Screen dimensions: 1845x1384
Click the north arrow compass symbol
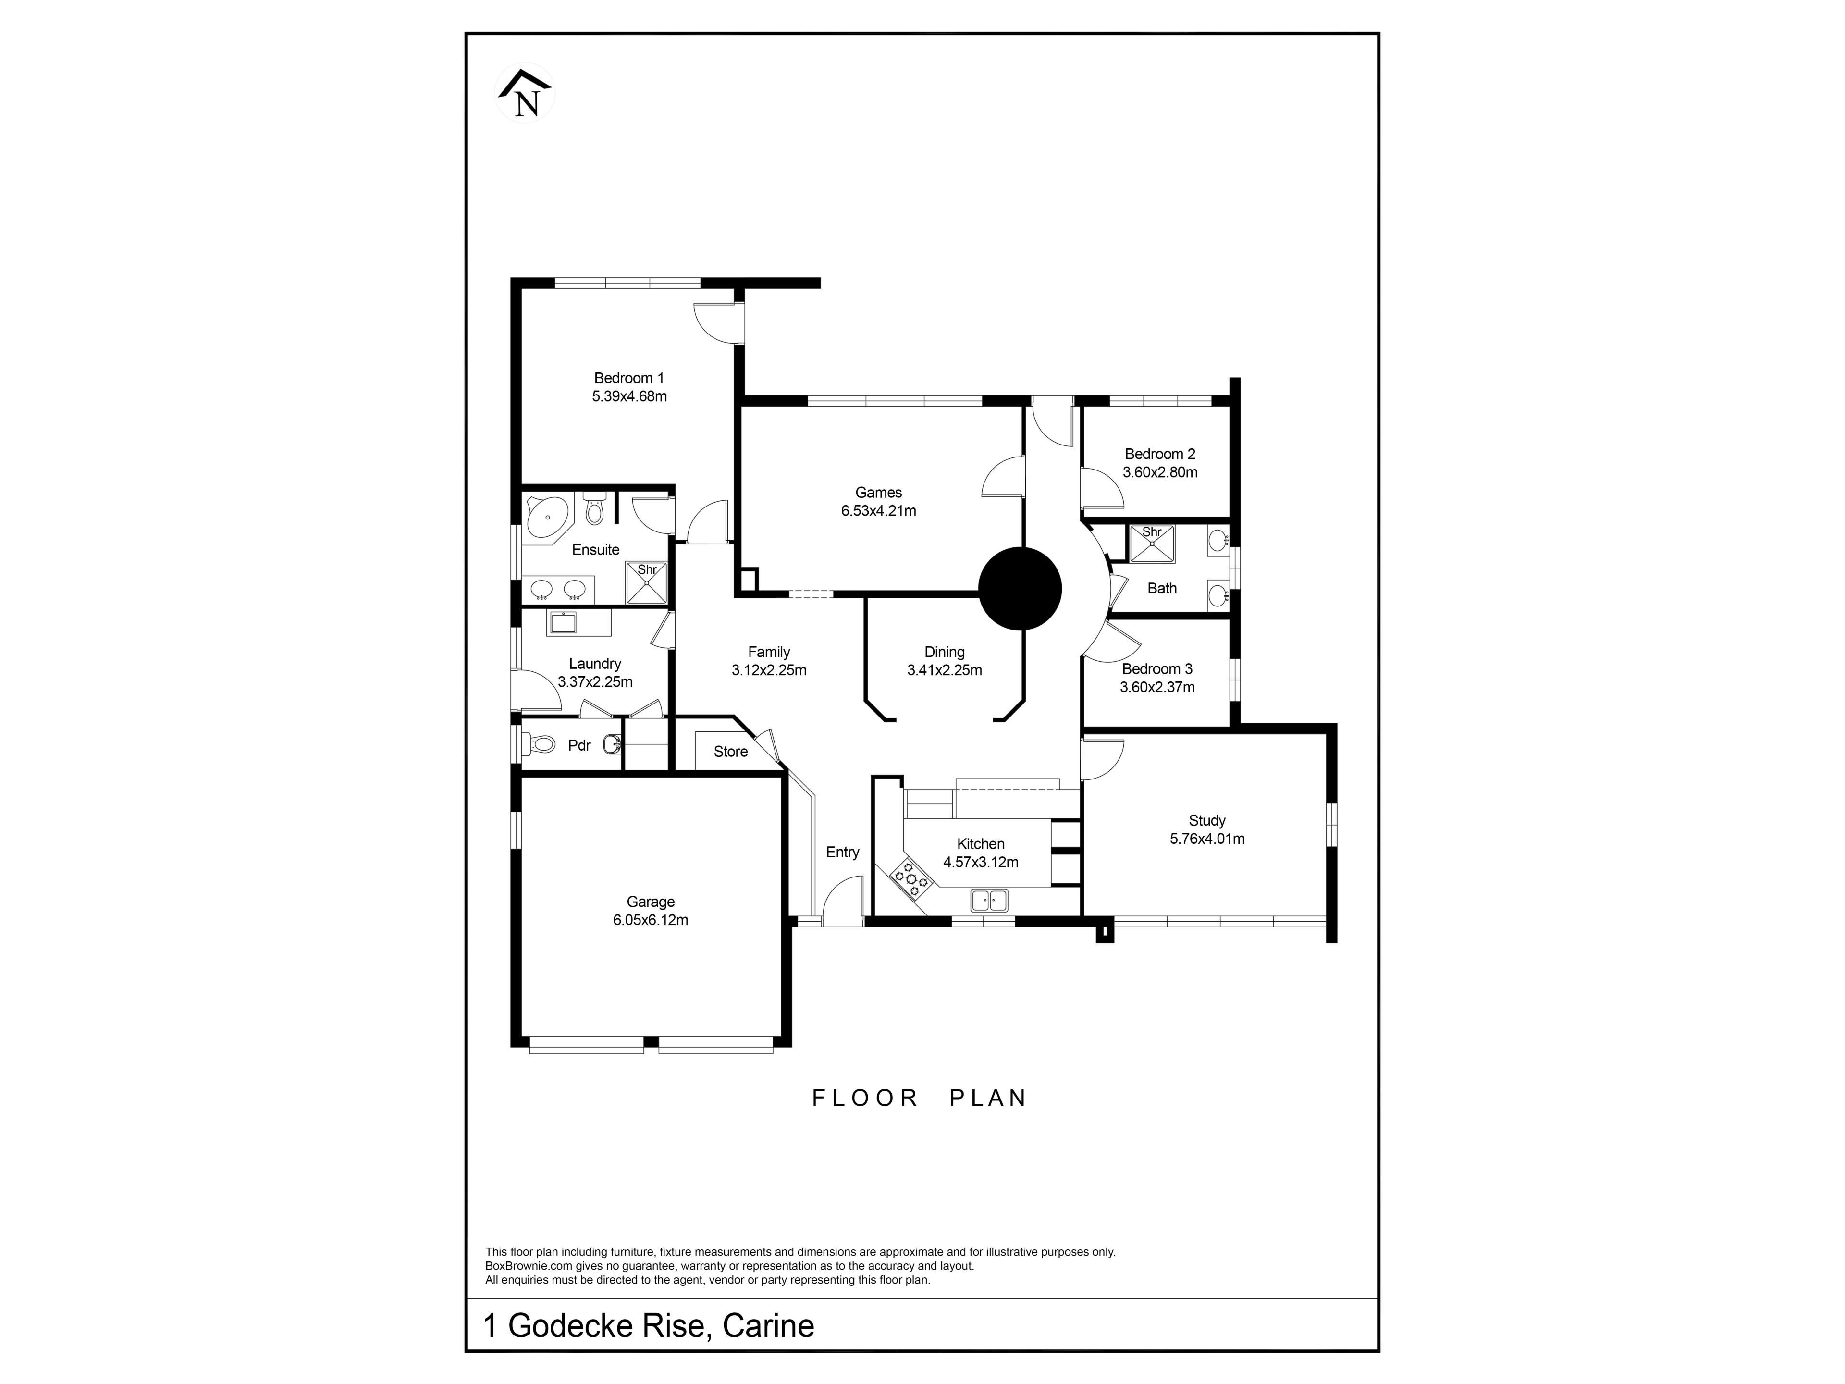[526, 93]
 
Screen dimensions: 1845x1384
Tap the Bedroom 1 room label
[629, 378]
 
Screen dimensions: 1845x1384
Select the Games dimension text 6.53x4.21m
[878, 510]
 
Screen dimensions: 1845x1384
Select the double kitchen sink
[989, 900]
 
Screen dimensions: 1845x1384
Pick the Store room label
[731, 752]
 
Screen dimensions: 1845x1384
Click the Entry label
[842, 852]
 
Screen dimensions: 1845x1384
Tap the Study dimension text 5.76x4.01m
[1207, 839]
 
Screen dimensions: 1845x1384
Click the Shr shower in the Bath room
[1151, 543]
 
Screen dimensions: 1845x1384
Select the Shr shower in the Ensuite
[647, 581]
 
